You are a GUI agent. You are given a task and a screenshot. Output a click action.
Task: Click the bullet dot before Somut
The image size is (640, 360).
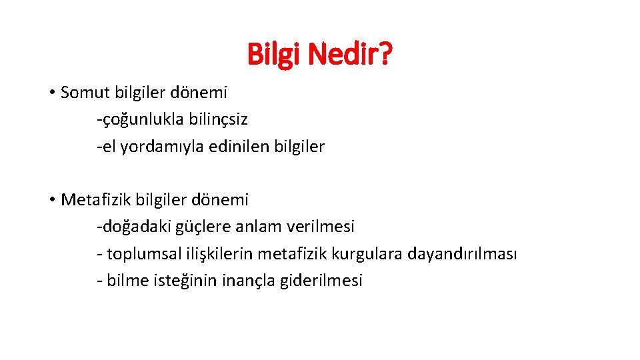(x=51, y=93)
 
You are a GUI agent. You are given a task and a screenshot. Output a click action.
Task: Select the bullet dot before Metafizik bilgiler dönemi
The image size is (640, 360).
(x=51, y=199)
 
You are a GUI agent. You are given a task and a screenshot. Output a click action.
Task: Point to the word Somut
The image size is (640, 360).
(x=83, y=93)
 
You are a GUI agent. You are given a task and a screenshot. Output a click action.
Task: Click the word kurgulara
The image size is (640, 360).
(x=371, y=254)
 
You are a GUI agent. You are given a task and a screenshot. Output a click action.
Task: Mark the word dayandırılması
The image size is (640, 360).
(x=462, y=254)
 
